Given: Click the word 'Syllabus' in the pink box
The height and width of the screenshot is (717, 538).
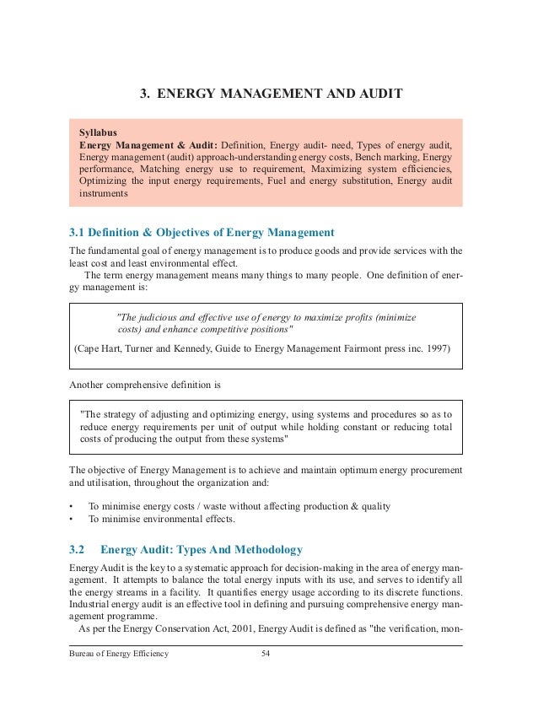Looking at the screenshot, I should [x=100, y=133].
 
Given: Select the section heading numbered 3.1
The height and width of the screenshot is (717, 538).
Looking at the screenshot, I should [x=202, y=232].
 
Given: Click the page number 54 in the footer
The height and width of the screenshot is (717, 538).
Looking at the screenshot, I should [x=268, y=654].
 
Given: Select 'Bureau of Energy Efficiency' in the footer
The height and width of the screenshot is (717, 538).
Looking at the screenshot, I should [x=119, y=654].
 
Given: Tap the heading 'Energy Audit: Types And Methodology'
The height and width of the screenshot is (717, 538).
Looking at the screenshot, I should [x=202, y=550].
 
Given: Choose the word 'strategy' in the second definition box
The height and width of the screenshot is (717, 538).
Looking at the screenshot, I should [x=126, y=415].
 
